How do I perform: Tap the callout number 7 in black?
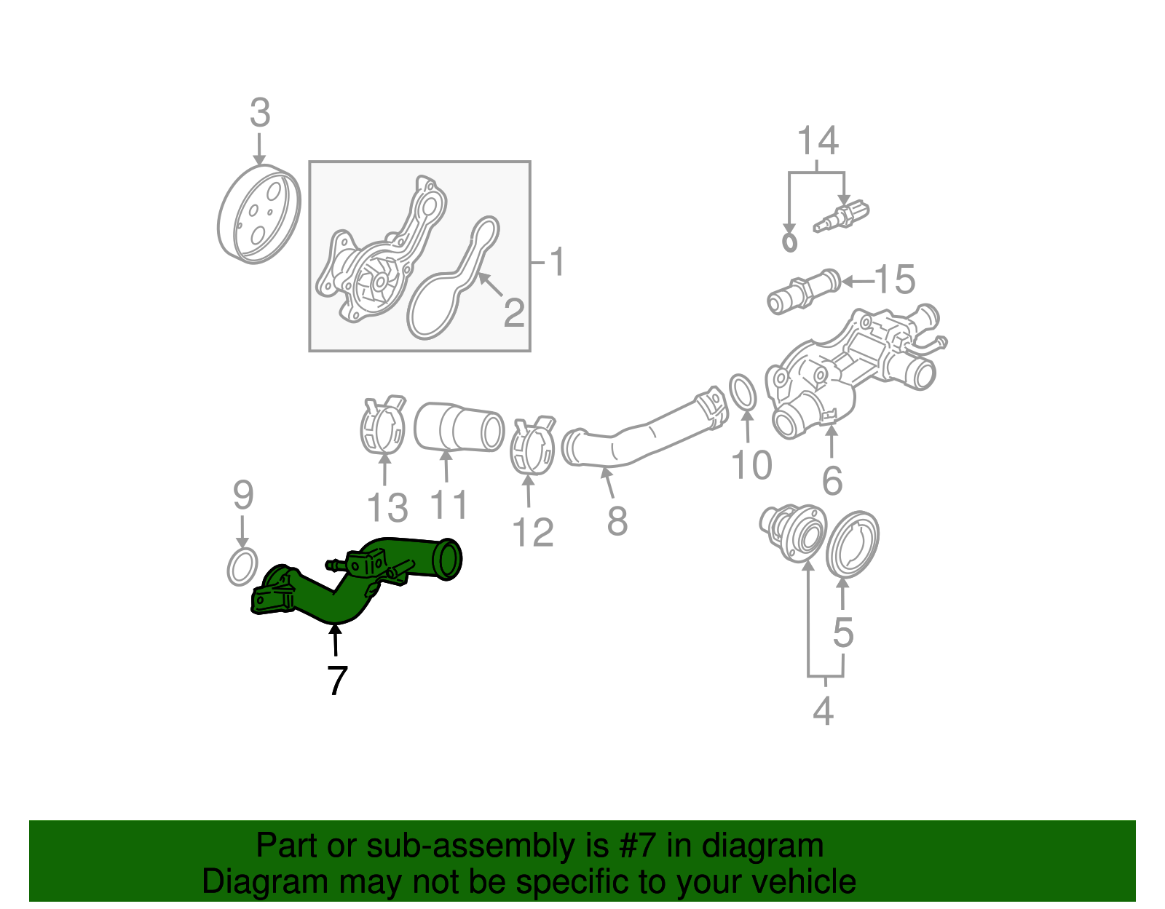pyautogui.click(x=336, y=680)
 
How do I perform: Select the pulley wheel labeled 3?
pyautogui.click(x=258, y=215)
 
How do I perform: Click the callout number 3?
pyautogui.click(x=260, y=114)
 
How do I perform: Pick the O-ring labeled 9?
pyautogui.click(x=242, y=567)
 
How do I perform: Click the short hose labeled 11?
pyautogui.click(x=459, y=427)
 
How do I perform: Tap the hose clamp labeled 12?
pyautogui.click(x=533, y=445)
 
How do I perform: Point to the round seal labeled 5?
pyautogui.click(x=853, y=542)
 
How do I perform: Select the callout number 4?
pyautogui.click(x=823, y=710)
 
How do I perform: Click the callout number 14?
pyautogui.click(x=818, y=140)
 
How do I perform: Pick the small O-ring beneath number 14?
pyautogui.click(x=789, y=241)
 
